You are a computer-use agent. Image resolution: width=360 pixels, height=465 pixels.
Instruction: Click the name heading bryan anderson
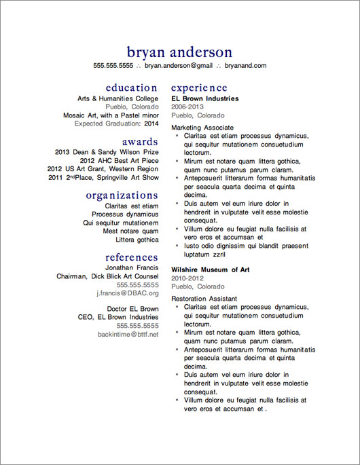[179, 52]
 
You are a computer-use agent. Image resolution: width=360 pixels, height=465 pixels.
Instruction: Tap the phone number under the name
[113, 66]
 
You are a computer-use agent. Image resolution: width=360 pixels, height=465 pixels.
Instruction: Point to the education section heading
[132, 88]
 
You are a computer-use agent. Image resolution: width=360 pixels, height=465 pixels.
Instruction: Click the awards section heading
[140, 141]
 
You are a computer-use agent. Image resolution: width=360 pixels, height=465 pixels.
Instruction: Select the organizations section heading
[122, 196]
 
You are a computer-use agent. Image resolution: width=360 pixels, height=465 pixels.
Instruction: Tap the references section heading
[132, 257]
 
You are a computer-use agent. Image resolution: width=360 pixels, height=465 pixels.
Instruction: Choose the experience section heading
[199, 88]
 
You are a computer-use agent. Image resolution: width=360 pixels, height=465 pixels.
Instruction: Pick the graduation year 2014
[151, 124]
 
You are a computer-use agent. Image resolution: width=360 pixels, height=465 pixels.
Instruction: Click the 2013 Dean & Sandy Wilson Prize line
[107, 151]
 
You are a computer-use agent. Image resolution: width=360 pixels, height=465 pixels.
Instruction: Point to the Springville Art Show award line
[104, 178]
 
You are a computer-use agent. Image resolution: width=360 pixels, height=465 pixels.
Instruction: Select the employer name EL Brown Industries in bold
[205, 98]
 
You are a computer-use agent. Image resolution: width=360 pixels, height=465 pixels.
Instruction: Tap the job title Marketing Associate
[202, 127]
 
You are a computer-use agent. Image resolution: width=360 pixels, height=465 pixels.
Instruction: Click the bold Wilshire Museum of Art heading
[211, 269]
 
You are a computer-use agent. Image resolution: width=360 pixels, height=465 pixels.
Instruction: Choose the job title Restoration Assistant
[204, 298]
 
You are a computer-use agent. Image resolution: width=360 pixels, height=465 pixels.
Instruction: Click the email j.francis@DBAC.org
[127, 293]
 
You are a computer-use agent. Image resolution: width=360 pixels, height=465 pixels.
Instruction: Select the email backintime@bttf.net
[128, 335]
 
